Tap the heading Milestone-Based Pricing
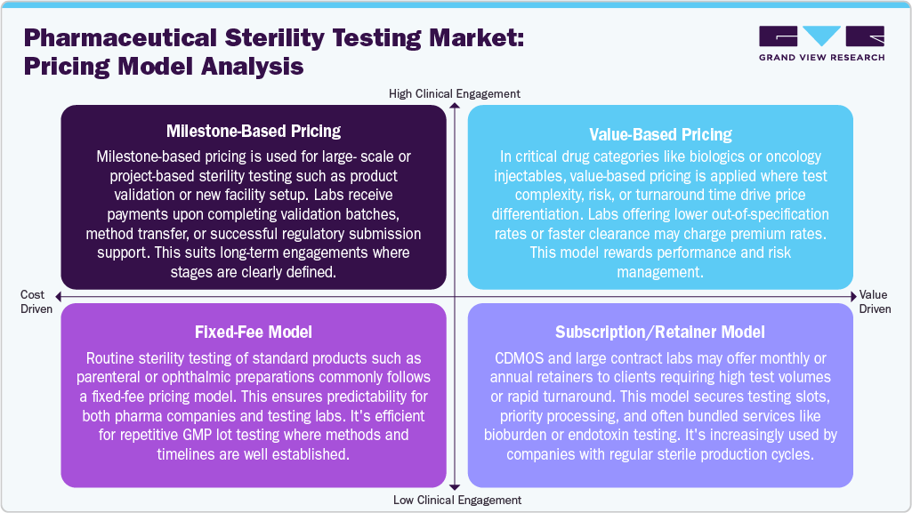(x=254, y=132)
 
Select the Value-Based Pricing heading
(x=660, y=135)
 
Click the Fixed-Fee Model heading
(x=254, y=333)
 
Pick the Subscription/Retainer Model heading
(x=660, y=333)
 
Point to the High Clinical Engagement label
(x=455, y=93)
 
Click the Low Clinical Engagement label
(x=455, y=500)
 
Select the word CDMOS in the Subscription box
(x=512, y=357)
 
